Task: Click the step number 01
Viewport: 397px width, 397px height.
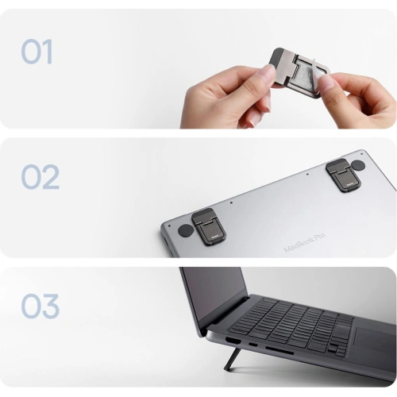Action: point(37,52)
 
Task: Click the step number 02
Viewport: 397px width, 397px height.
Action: point(40,177)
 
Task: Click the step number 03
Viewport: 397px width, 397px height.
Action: point(40,306)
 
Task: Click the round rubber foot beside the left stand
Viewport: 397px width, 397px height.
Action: point(186,231)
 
